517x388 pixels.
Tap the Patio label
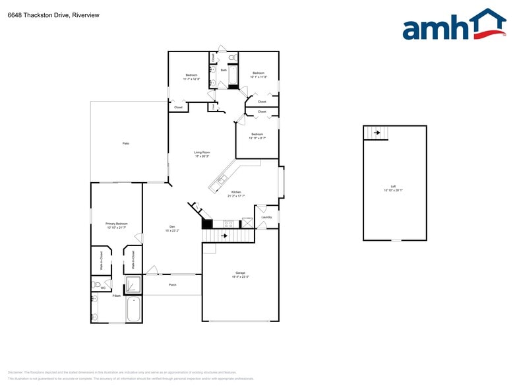click(125, 143)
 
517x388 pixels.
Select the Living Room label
click(202, 154)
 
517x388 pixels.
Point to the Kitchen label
click(236, 194)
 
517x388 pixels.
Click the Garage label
click(240, 274)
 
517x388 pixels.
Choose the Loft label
click(393, 188)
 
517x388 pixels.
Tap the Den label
click(172, 229)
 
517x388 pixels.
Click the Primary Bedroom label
click(116, 225)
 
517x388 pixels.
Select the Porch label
click(173, 285)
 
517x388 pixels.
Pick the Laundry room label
click(266, 217)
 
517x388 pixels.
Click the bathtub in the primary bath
click(134, 309)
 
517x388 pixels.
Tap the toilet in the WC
click(96, 286)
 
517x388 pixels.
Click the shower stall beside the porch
click(133, 284)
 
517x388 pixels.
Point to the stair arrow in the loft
click(377, 133)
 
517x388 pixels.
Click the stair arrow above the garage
click(225, 236)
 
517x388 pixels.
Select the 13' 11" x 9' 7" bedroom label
click(257, 135)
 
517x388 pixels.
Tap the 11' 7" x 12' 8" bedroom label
click(192, 77)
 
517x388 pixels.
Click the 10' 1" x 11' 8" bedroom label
click(258, 75)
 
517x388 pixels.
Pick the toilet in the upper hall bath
click(231, 58)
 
